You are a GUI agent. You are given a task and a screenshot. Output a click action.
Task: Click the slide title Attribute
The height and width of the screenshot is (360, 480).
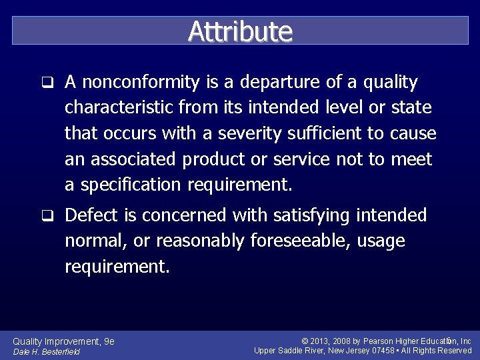point(240,31)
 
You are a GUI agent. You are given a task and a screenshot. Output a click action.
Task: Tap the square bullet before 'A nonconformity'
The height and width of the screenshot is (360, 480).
point(47,83)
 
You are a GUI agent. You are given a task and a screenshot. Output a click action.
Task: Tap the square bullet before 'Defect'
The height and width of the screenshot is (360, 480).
point(47,216)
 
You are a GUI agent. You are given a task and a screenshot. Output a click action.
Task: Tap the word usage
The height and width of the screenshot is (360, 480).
point(381,241)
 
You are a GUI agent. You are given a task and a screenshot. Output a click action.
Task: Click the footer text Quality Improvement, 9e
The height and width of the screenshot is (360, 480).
point(63,341)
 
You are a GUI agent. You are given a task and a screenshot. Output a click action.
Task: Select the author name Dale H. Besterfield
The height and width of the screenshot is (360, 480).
point(47,351)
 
